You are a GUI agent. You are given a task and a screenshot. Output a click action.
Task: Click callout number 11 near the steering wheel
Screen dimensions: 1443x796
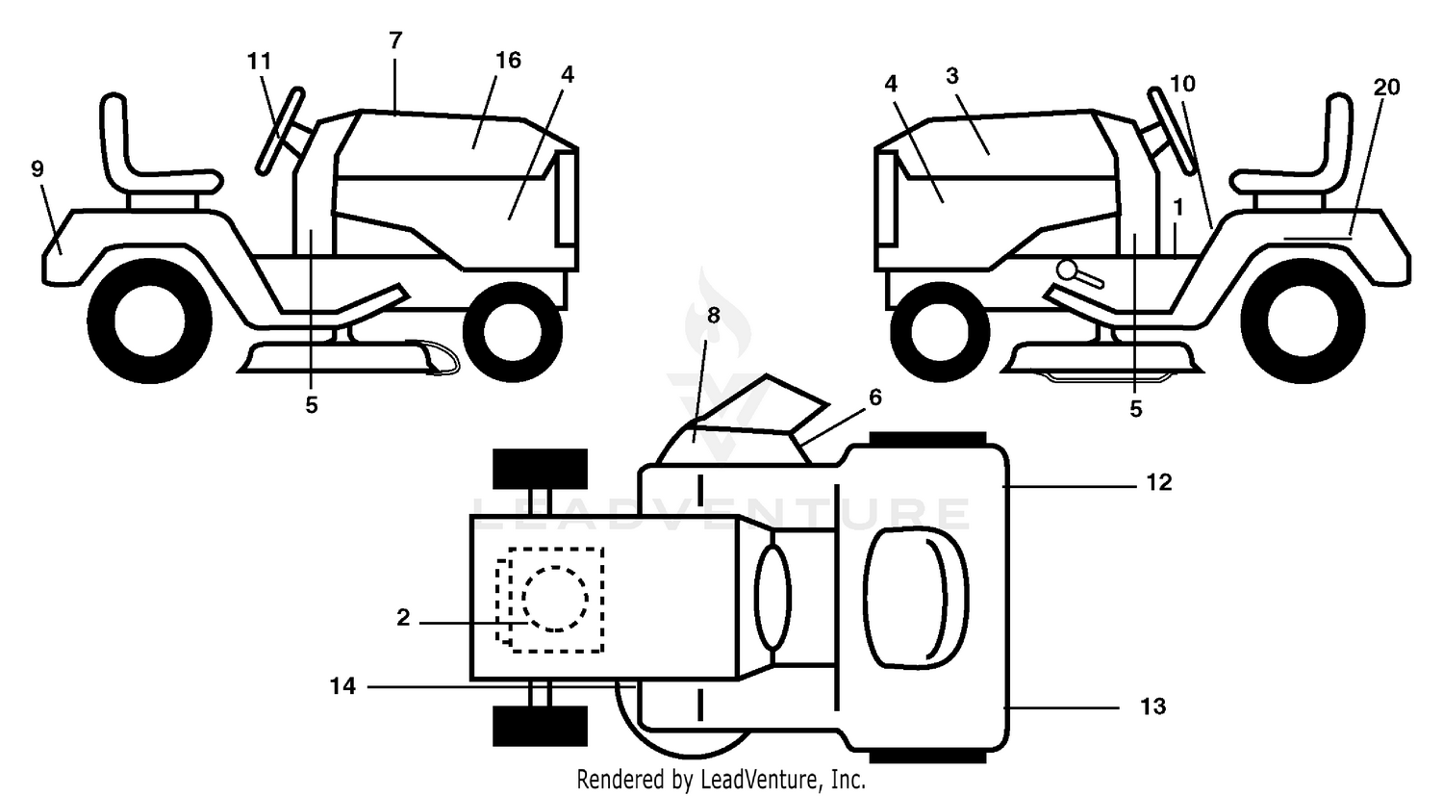coord(259,62)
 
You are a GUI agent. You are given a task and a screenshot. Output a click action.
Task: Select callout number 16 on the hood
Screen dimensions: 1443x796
coord(508,61)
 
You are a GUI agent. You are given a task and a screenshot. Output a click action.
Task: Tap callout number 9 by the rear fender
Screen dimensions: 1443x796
coord(38,168)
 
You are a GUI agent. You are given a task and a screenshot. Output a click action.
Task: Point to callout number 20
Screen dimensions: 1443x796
coord(1386,88)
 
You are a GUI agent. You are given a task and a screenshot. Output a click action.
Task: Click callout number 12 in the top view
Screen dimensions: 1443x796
coord(1159,483)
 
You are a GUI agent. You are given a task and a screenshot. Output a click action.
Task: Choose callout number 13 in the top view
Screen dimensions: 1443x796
coord(1153,707)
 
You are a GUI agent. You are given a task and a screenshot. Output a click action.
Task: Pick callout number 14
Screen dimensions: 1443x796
coord(342,686)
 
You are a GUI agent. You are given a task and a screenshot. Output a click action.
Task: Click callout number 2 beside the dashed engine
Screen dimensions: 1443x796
coord(403,618)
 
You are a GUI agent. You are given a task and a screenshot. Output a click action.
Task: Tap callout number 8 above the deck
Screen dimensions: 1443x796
coord(713,315)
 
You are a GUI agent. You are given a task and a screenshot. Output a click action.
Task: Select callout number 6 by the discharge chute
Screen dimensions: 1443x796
coord(874,398)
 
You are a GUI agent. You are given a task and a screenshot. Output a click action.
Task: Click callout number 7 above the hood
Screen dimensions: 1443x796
coord(395,40)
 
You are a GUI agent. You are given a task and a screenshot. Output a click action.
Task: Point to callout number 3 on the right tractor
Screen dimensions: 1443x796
coord(952,76)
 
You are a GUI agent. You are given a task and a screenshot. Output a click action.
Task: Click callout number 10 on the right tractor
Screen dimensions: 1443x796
coord(1182,84)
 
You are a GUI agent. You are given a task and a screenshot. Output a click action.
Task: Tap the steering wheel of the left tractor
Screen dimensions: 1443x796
coord(280,131)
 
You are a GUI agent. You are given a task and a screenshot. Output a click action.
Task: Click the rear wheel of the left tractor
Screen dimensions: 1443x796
coord(149,321)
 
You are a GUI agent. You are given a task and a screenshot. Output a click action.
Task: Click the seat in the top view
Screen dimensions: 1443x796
coord(915,596)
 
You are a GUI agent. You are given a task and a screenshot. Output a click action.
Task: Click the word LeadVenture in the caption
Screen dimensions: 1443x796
coord(759,780)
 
